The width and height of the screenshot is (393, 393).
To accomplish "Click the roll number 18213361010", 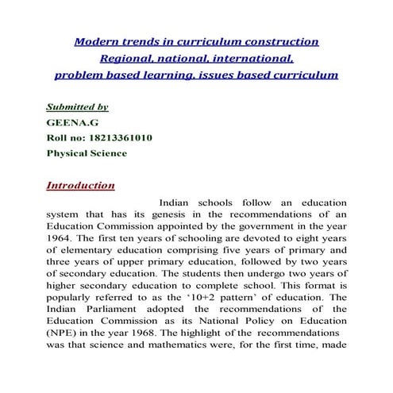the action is [116, 137].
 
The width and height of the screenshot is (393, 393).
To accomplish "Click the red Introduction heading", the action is [81, 186].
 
